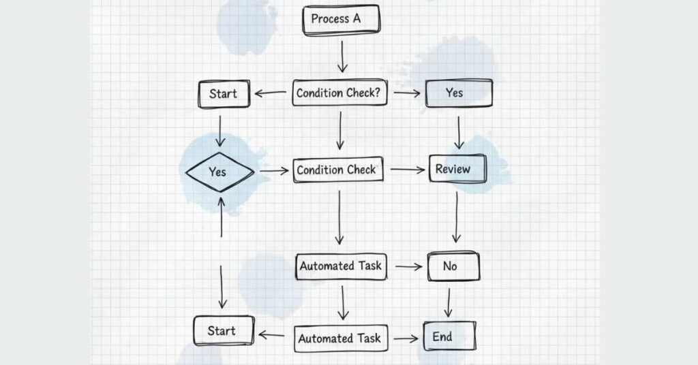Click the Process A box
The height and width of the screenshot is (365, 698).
coord(340,19)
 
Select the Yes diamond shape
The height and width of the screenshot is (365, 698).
coord(219,172)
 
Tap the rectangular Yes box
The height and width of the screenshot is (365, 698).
coord(459,93)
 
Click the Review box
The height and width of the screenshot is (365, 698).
coord(457,169)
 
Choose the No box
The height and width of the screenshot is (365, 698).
coord(453,266)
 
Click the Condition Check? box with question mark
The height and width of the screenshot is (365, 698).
coord(339,93)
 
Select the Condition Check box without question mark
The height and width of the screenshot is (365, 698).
coord(339,170)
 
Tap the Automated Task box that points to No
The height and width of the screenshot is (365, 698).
coord(341,266)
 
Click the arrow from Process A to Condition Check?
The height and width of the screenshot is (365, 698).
coord(342,58)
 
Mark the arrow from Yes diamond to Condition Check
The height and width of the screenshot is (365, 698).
coord(274,172)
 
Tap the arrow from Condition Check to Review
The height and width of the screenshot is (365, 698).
coord(407,170)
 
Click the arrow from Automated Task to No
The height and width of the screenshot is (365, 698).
coord(408,267)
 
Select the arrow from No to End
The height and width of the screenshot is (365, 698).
coord(449,302)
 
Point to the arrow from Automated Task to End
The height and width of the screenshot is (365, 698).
coord(407,338)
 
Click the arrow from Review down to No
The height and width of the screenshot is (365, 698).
coord(456,217)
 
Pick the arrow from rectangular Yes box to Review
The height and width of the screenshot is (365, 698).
coord(459,131)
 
